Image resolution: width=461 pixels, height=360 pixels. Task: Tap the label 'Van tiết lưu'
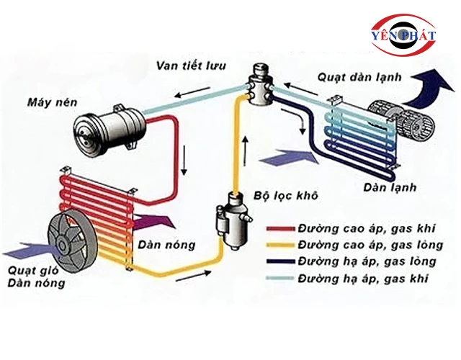click(191, 66)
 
